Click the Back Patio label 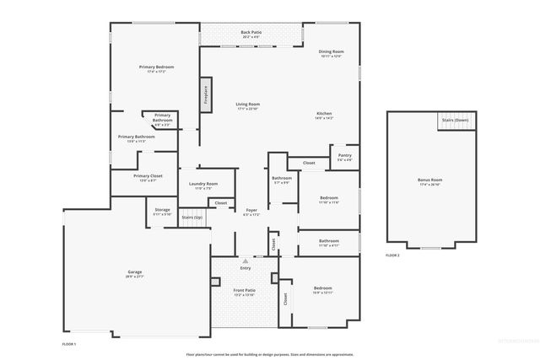pyautogui.click(x=251, y=35)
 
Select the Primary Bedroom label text pyautogui.click(x=157, y=67)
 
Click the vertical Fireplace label pyautogui.click(x=205, y=95)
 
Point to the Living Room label pyautogui.click(x=248, y=105)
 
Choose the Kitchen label pyautogui.click(x=325, y=116)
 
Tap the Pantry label pyautogui.click(x=344, y=156)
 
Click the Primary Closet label pyautogui.click(x=136, y=177)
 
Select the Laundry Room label pyautogui.click(x=203, y=185)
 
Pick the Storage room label pyautogui.click(x=162, y=211)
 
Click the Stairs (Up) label pyautogui.click(x=192, y=218)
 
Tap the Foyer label pyautogui.click(x=251, y=211)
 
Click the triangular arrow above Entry pyautogui.click(x=246, y=261)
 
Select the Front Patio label pyautogui.click(x=245, y=291)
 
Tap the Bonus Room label pyautogui.click(x=429, y=181)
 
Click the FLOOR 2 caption pyautogui.click(x=392, y=255)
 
